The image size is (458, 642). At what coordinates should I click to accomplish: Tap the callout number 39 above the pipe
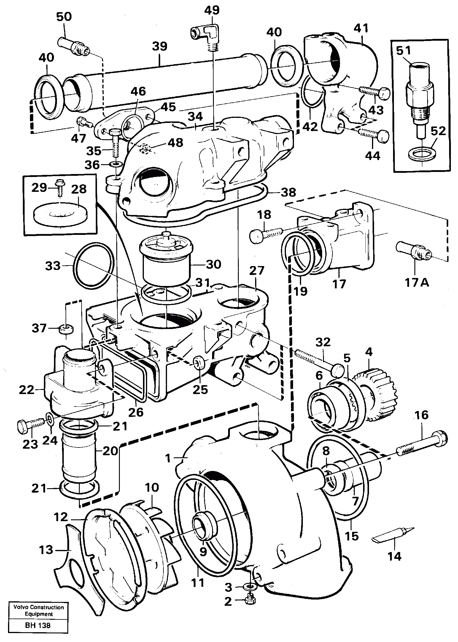tap(160, 47)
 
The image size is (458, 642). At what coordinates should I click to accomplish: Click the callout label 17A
tap(416, 282)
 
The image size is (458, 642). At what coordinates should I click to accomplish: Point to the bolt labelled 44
tap(373, 135)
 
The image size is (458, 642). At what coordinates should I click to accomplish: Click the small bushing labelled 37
tap(66, 329)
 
